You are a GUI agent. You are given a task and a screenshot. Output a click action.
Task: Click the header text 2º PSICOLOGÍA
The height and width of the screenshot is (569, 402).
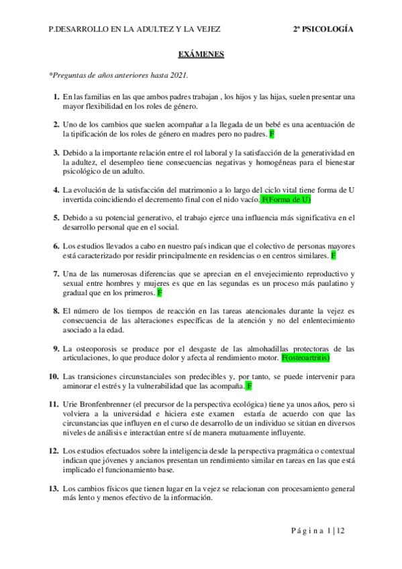pyautogui.click(x=323, y=30)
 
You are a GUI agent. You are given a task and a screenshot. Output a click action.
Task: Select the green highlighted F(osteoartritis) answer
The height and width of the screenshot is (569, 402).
pyautogui.click(x=315, y=358)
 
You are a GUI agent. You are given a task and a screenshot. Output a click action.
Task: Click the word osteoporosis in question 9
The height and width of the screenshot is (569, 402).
pyautogui.click(x=95, y=349)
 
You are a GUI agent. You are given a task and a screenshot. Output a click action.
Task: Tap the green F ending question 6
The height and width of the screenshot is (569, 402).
pyautogui.click(x=334, y=256)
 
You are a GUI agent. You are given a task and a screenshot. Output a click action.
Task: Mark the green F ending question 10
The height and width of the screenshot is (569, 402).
pyautogui.click(x=249, y=386)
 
